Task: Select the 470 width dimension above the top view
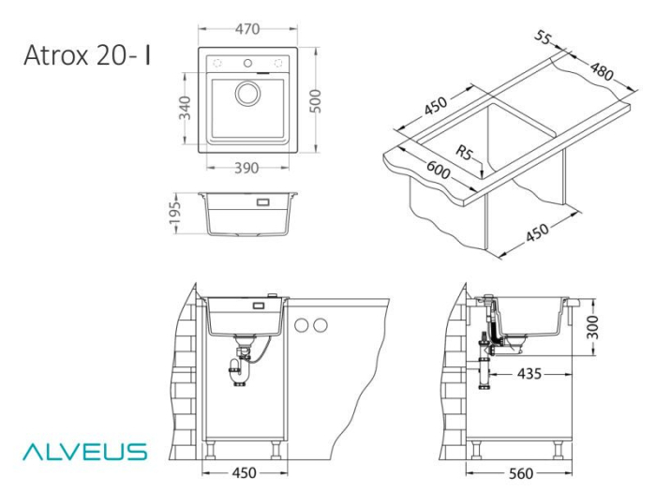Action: pos(246,29)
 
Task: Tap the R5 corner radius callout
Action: pos(465,153)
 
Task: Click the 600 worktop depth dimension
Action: pos(437,172)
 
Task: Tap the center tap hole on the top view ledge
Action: pos(248,64)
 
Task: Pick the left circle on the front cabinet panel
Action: pos(304,325)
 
